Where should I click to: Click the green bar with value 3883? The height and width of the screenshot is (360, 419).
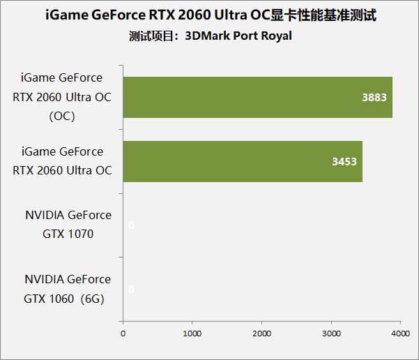click(258, 98)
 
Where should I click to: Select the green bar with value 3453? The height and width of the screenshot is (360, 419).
click(243, 161)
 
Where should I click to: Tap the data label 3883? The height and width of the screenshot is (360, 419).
click(374, 98)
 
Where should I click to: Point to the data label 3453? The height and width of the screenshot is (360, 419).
click(344, 161)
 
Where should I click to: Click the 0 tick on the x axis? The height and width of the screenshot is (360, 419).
click(123, 333)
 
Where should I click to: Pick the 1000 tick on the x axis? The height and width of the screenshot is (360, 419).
click(192, 333)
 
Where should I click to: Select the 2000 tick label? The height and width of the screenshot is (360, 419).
click(262, 333)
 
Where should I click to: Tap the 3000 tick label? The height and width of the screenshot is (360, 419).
click(331, 333)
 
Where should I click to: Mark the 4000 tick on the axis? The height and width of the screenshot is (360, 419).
click(400, 333)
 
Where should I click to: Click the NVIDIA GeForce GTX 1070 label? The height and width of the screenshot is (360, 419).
click(68, 224)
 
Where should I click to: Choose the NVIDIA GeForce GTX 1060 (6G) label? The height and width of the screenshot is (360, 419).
click(68, 288)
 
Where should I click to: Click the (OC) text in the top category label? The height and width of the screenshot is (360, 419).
click(62, 117)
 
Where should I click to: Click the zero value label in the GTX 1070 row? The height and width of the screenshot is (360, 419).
click(131, 225)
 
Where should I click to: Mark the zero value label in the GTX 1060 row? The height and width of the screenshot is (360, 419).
click(131, 289)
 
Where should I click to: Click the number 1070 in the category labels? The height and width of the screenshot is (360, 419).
click(80, 234)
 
